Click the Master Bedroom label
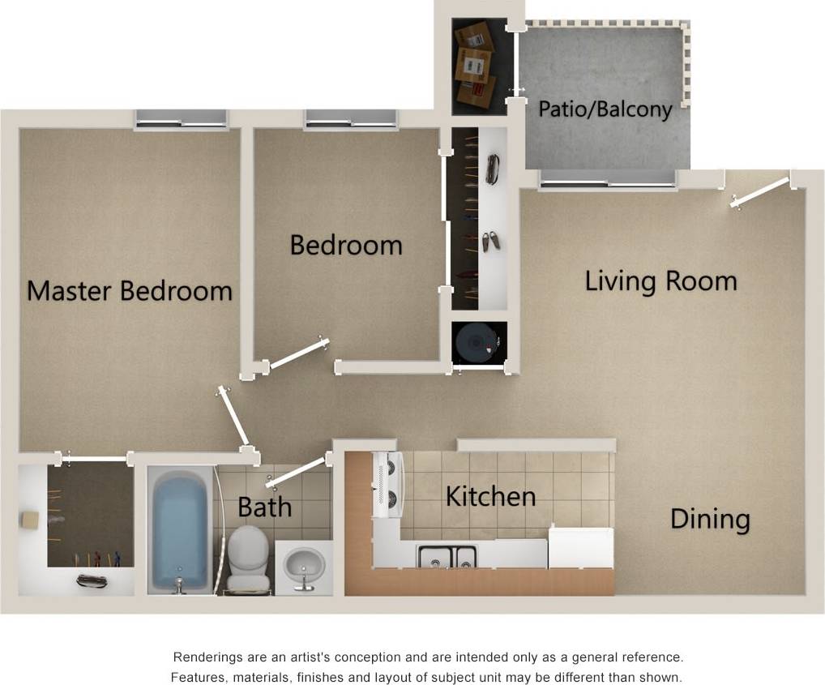130,290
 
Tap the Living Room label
661,281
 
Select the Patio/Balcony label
605,109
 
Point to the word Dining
710,519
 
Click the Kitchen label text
490,496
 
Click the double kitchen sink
447,556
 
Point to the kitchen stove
388,484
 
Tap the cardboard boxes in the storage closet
474,65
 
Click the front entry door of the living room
760,192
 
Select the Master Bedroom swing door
233,418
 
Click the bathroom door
297,473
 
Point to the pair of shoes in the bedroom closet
490,240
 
